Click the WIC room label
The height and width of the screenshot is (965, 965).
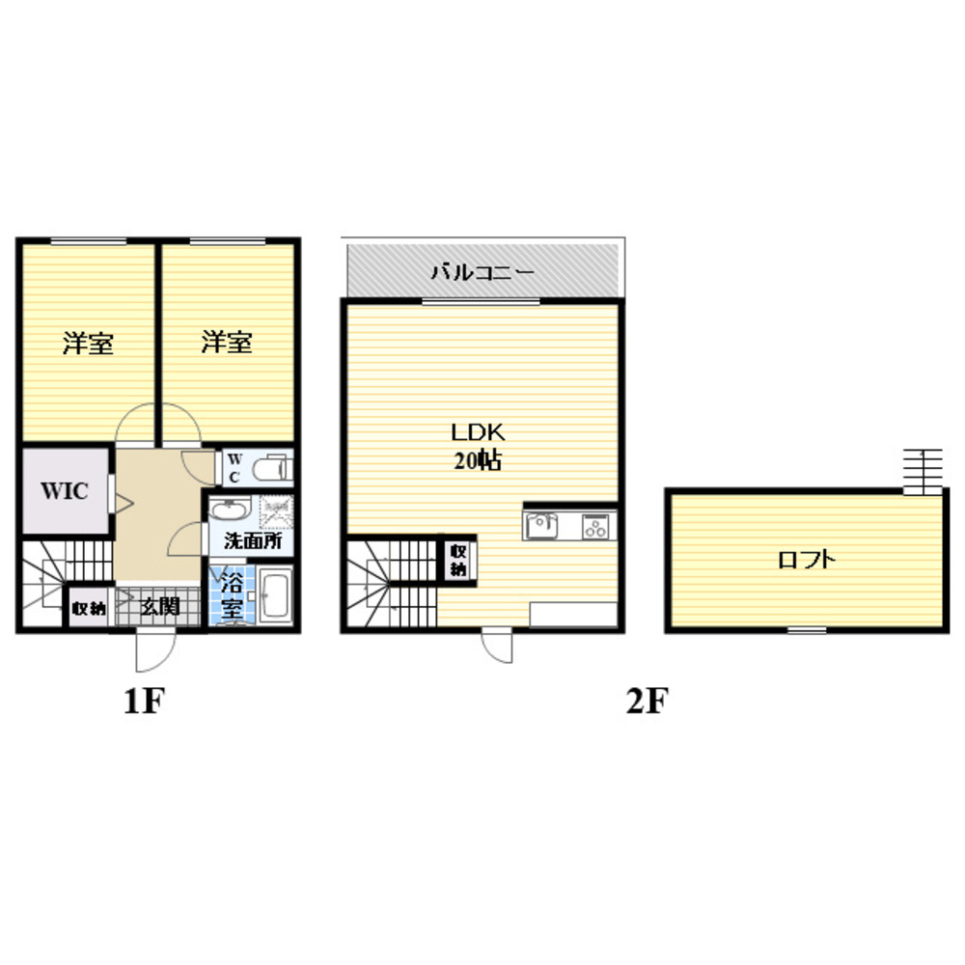click(x=65, y=491)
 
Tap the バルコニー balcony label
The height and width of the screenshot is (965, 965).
click(x=482, y=271)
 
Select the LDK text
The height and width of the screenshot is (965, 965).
click(x=479, y=432)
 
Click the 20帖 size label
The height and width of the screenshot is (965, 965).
click(x=478, y=460)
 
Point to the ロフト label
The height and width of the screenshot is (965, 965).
click(x=807, y=560)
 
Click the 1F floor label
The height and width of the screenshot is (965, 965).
click(x=145, y=701)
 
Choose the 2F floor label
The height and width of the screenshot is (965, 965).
click(x=647, y=701)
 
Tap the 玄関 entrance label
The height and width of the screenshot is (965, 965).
click(x=160, y=607)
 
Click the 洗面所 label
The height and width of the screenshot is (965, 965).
click(x=253, y=541)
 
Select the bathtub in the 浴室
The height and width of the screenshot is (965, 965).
click(x=276, y=595)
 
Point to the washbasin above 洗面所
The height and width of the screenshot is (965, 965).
click(x=230, y=510)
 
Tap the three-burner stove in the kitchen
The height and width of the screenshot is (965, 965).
click(x=595, y=526)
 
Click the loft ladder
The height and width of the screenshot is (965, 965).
click(x=924, y=472)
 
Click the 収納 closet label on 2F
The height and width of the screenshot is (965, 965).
click(x=457, y=560)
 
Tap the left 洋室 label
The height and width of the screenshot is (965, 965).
click(x=88, y=344)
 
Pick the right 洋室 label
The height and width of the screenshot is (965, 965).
click(x=227, y=343)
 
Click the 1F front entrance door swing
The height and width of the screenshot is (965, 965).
click(x=155, y=651)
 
